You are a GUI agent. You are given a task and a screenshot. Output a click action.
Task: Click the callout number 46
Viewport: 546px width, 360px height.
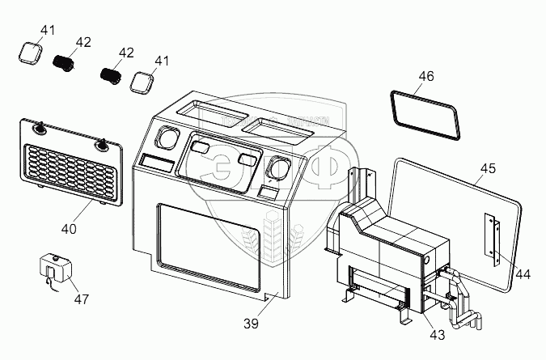click(426, 76)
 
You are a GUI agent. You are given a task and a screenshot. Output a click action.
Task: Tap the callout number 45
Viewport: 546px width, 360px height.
click(488, 169)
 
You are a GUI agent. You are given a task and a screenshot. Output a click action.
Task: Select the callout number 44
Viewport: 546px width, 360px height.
click(523, 274)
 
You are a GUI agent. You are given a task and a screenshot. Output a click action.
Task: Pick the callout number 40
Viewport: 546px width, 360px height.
click(70, 229)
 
